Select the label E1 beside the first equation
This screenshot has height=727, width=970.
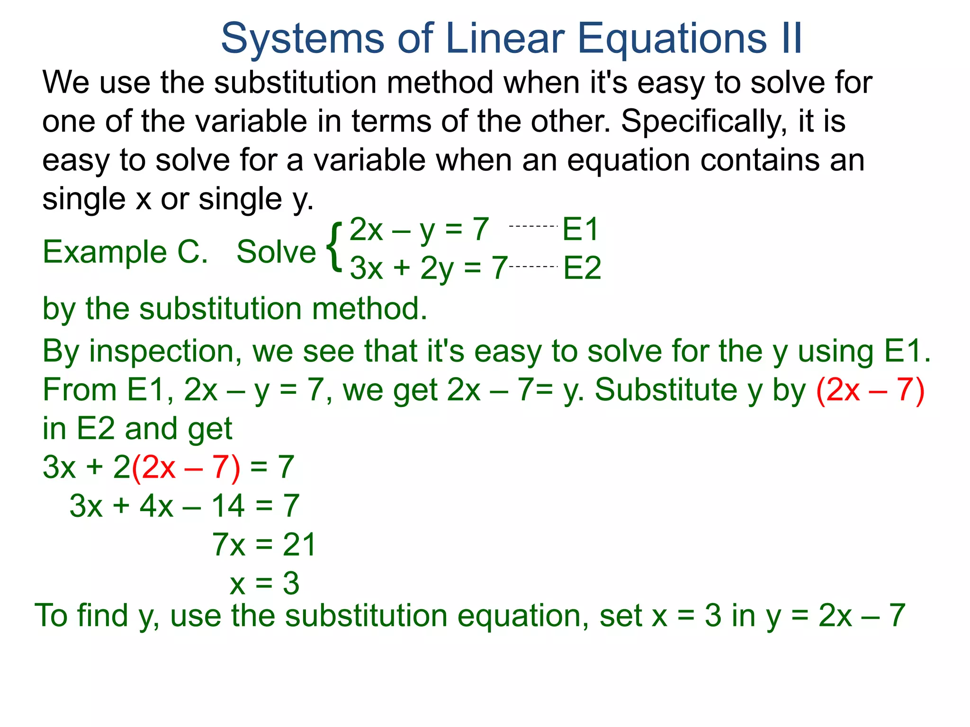tap(581, 230)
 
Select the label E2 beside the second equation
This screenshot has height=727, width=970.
tap(582, 268)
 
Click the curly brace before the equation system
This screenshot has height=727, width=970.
tap(334, 248)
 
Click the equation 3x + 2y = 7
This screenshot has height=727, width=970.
tap(429, 268)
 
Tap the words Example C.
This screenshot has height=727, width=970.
tap(125, 252)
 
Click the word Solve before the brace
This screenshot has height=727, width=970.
tap(276, 252)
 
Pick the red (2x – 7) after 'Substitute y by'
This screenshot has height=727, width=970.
tap(871, 390)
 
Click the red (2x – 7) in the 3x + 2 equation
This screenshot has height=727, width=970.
tap(186, 468)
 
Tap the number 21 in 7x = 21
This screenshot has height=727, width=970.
tap(299, 545)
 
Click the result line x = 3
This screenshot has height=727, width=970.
tap(264, 584)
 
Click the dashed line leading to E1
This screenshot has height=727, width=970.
tap(533, 227)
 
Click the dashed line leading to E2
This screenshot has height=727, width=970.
tap(534, 267)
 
